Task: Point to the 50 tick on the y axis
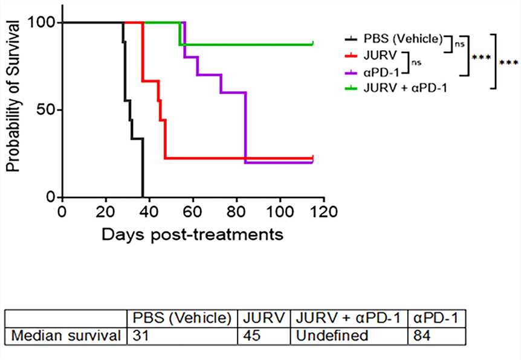click(x=59, y=110)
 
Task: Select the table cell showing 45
click(x=252, y=335)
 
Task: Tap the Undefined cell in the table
click(x=330, y=335)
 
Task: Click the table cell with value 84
click(x=422, y=335)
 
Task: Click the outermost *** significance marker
click(x=509, y=62)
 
